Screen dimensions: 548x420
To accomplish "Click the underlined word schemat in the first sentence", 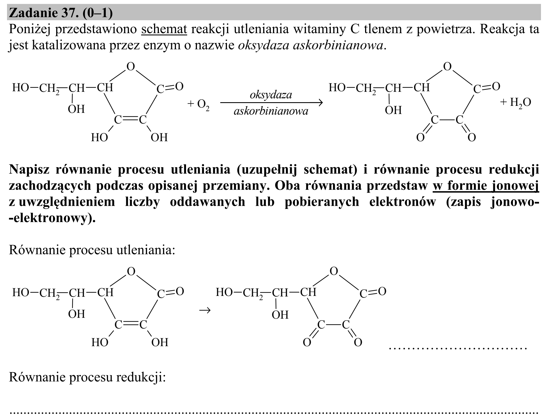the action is click(164, 29).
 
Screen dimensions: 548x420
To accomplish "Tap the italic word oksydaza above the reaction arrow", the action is click(271, 95).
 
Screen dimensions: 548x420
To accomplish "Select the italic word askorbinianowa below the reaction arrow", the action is click(271, 111).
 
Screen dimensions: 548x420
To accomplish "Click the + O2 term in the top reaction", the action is click(198, 104).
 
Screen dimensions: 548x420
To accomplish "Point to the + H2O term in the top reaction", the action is click(515, 102).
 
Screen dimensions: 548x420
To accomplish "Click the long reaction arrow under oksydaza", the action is click(271, 103).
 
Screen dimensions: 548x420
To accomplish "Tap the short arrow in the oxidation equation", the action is click(205, 310).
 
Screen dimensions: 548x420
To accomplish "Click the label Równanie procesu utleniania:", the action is click(92, 250).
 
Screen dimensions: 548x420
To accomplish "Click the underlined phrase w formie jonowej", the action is click(486, 186).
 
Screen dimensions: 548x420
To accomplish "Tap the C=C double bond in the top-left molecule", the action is click(131, 120).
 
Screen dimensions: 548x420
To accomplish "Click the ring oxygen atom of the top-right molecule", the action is click(447, 67).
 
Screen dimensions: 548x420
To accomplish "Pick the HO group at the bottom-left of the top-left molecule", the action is click(99, 138).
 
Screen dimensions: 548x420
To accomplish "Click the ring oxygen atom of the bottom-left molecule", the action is click(131, 271).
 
